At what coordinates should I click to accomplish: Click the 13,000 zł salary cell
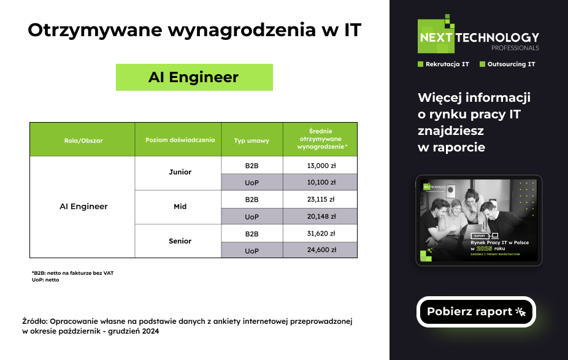320,166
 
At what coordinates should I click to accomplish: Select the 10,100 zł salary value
320,183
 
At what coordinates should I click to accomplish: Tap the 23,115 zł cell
320,199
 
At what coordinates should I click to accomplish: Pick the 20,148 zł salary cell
320,216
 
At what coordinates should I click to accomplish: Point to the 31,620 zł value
320,234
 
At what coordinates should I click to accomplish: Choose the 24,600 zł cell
320,250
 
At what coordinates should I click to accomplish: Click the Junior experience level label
180,172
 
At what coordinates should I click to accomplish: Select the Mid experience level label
180,207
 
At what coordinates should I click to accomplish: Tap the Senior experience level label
180,241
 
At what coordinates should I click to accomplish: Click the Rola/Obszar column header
83,140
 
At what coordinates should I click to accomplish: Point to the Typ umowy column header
251,140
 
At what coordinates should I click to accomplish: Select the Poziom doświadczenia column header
180,140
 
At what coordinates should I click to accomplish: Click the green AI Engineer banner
194,77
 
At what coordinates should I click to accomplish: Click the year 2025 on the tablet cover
485,248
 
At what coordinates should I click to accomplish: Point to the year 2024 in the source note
150,331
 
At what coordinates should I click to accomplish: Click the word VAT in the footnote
109,273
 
